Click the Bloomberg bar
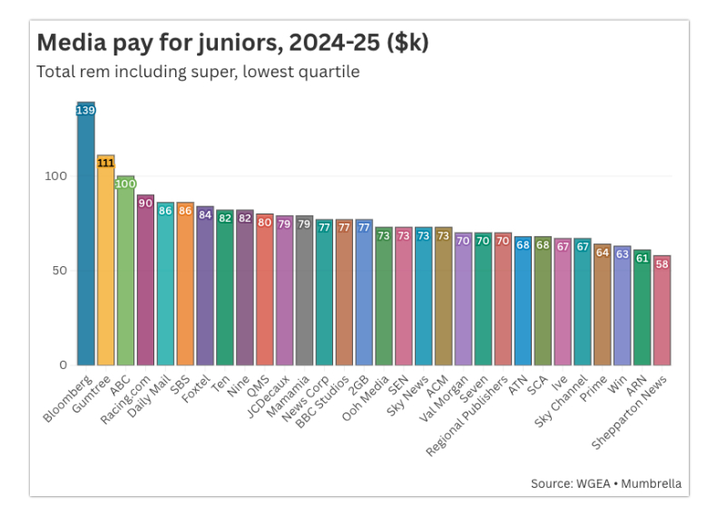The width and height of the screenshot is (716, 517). point(86,236)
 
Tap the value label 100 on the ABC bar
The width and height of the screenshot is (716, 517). point(125,184)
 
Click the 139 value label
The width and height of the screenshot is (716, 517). point(86,110)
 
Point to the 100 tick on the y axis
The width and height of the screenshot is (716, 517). point(55,175)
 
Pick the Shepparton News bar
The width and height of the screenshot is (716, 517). point(662,313)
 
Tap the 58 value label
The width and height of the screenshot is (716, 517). point(662,263)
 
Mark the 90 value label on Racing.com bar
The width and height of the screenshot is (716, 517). point(145,203)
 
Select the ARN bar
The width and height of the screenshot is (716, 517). point(642,309)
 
